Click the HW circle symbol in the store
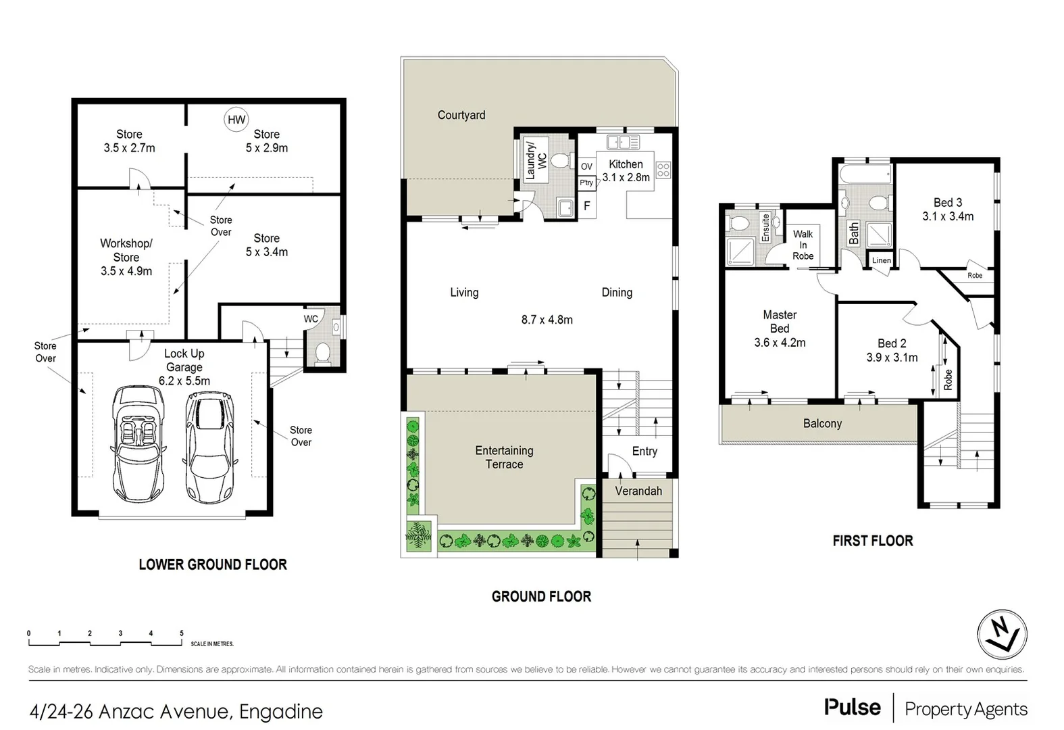point(236,120)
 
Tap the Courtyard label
point(461,115)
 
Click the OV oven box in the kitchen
point(586,166)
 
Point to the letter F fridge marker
point(586,205)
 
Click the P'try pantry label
point(586,182)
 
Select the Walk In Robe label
point(803,245)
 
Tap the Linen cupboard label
point(881,260)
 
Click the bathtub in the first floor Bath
point(865,174)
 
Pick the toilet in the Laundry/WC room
point(559,160)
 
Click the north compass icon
point(1002,635)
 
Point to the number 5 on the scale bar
point(181,633)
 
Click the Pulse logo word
point(852,707)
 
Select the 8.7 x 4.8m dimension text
point(547,320)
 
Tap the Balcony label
point(822,423)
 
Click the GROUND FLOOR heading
point(541,596)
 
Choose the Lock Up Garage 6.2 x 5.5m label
point(184,367)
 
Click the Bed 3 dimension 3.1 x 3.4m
point(947,216)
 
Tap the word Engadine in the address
point(281,711)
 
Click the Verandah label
point(638,491)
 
